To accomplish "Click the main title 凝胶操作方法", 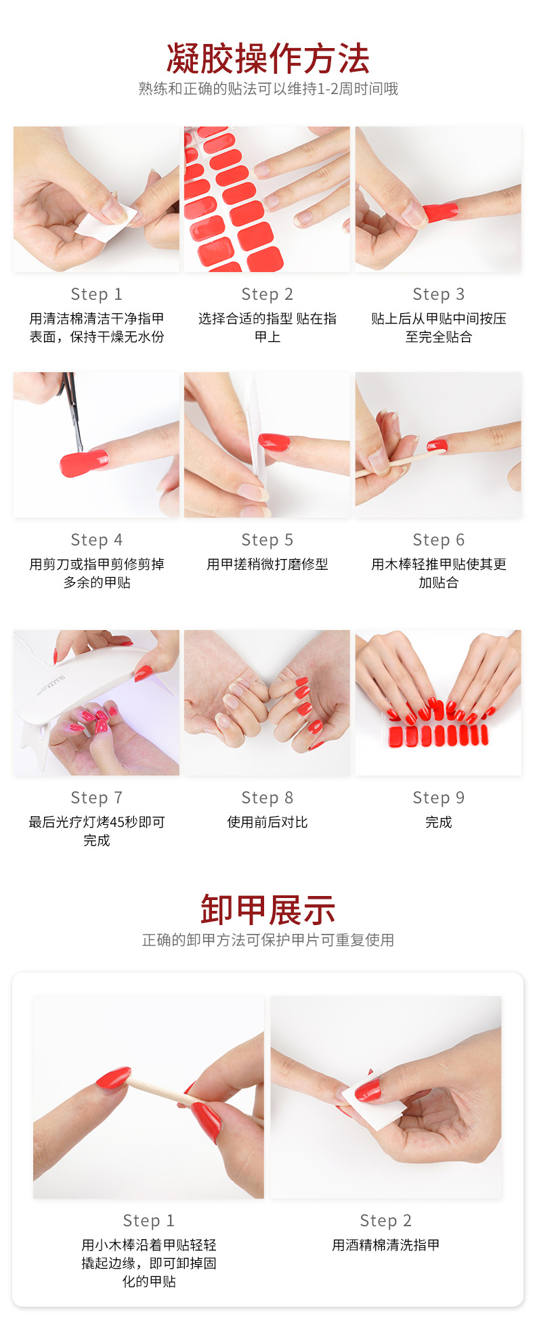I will (267, 58).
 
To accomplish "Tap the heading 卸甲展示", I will (267, 909).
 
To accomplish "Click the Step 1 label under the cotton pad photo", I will (96, 294).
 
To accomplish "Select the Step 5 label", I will (267, 540).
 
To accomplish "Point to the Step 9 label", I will (438, 798).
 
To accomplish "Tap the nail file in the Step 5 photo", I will (253, 433).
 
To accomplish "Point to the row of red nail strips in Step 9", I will (438, 736).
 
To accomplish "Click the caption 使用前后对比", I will (267, 822).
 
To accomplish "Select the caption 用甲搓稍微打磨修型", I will (267, 564).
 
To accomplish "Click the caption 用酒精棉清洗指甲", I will (385, 1245).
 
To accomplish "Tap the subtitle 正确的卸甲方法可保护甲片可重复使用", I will (267, 940).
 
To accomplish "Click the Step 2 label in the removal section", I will (385, 1221).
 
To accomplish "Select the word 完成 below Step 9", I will (438, 822).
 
